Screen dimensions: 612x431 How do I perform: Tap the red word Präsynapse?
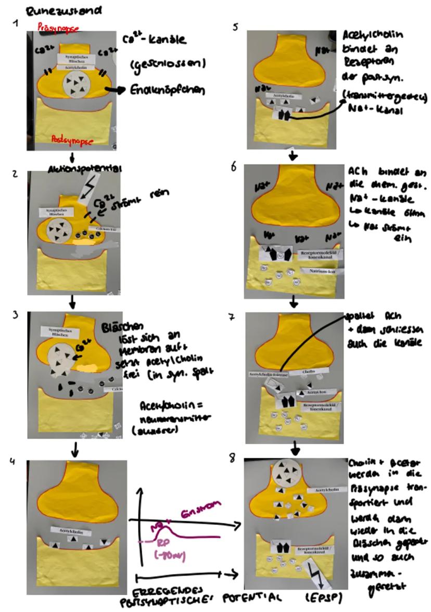[x=58, y=29]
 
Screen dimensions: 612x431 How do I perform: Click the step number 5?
[x=236, y=27]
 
